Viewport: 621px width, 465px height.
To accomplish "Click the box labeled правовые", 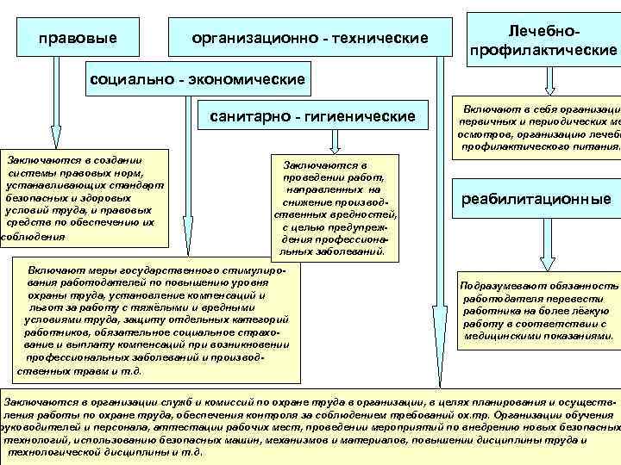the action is point(78,39).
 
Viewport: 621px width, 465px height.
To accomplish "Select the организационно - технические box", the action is point(310,39).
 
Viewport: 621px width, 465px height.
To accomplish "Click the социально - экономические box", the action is point(198,80).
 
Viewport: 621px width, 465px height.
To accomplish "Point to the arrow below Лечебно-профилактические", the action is point(547,83).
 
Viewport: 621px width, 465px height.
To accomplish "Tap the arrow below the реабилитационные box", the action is point(541,250).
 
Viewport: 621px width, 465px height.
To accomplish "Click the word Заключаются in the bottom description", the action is point(38,401).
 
